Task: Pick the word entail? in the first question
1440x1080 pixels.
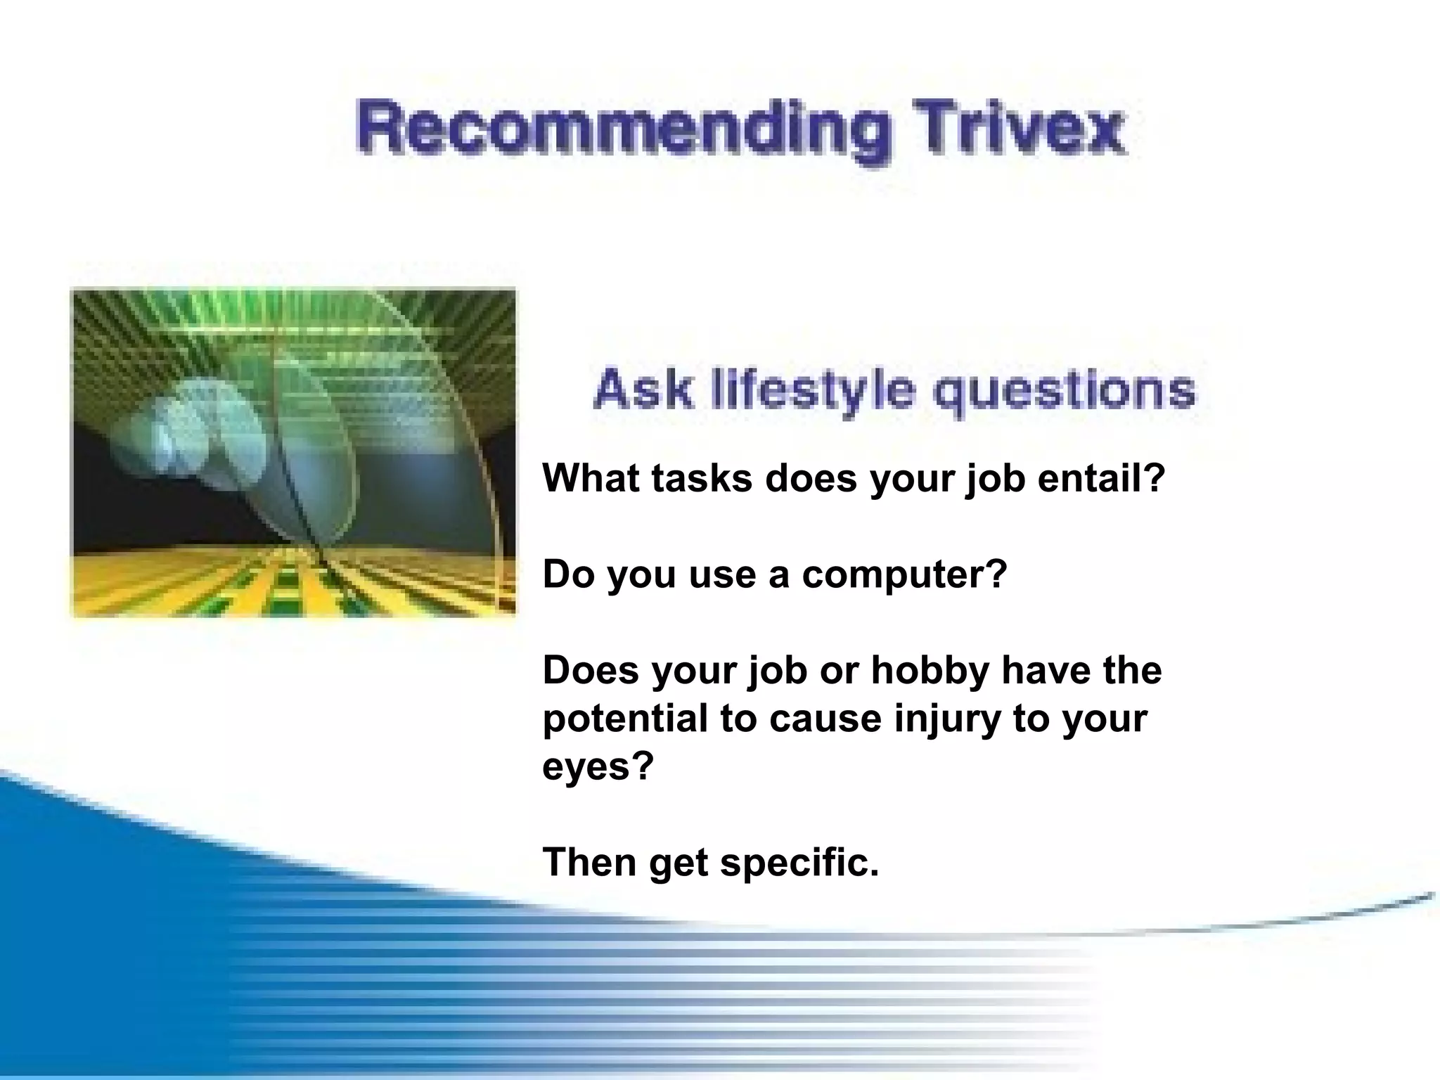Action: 1102,478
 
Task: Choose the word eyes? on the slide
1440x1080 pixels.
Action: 598,766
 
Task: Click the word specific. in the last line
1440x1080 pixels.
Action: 799,862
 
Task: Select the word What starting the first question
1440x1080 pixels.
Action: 591,478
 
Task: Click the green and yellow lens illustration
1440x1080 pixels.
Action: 294,453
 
